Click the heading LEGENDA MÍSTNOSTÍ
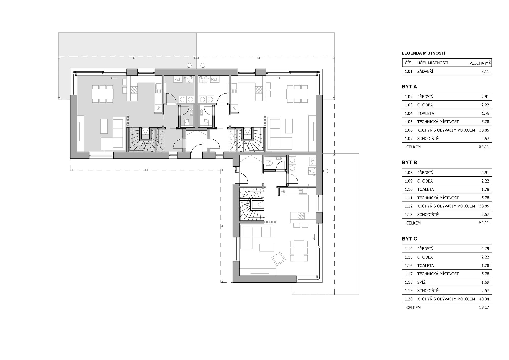click(423, 53)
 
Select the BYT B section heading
click(409, 163)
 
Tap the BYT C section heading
click(409, 239)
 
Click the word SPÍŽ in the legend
click(421, 282)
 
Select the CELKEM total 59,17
click(484, 307)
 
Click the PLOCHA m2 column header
click(480, 63)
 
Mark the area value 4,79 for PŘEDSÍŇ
click(485, 249)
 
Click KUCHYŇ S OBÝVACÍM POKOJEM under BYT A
click(446, 130)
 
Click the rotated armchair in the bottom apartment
click(279, 259)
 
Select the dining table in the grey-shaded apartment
click(103, 93)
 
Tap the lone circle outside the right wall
click(326, 171)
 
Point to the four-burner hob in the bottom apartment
click(301, 216)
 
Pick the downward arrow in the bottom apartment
click(315, 237)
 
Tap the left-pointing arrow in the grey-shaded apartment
click(113, 78)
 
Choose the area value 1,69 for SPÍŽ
click(485, 282)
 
